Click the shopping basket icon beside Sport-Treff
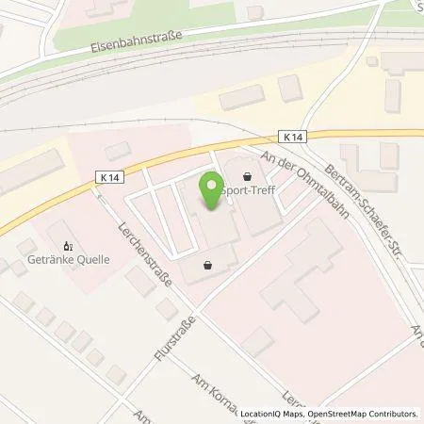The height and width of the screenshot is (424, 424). click(x=248, y=175)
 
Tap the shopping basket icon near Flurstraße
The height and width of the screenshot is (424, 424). click(x=207, y=267)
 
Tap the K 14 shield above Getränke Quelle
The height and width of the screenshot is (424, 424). click(x=106, y=175)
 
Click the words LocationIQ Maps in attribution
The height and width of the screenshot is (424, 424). click(x=270, y=414)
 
